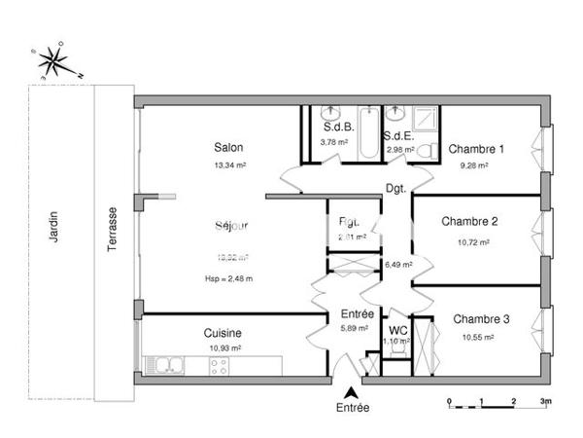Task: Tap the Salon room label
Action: pos(228,148)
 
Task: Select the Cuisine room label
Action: pos(223,332)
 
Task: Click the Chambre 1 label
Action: pos(475,149)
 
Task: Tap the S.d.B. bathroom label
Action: pos(337,128)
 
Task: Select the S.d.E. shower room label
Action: pos(399,135)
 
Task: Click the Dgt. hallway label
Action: pos(395,188)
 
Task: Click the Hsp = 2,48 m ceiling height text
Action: pos(229,278)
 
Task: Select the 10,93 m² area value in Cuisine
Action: pos(224,347)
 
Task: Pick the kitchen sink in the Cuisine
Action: pos(166,366)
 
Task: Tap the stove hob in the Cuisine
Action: pos(219,366)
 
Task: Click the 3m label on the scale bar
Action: pos(546,400)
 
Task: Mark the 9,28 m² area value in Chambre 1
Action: pos(473,165)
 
